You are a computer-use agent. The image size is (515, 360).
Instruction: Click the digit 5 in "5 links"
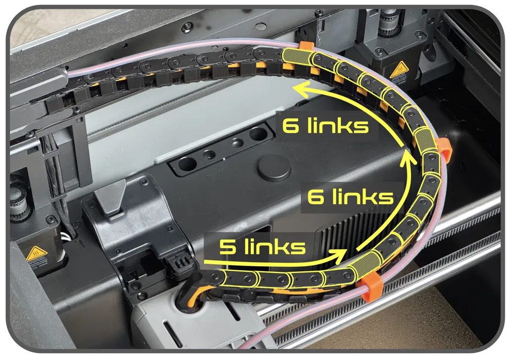(x=226, y=247)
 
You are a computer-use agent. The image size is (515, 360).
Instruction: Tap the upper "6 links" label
(x=325, y=125)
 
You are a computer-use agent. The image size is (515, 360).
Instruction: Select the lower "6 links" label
(x=350, y=197)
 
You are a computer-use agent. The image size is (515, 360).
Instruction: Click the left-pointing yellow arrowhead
(x=301, y=89)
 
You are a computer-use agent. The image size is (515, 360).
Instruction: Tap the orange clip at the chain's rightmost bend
(x=444, y=149)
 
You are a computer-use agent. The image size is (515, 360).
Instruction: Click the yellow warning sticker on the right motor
(x=399, y=70)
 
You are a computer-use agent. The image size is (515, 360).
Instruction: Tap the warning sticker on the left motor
(x=37, y=253)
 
